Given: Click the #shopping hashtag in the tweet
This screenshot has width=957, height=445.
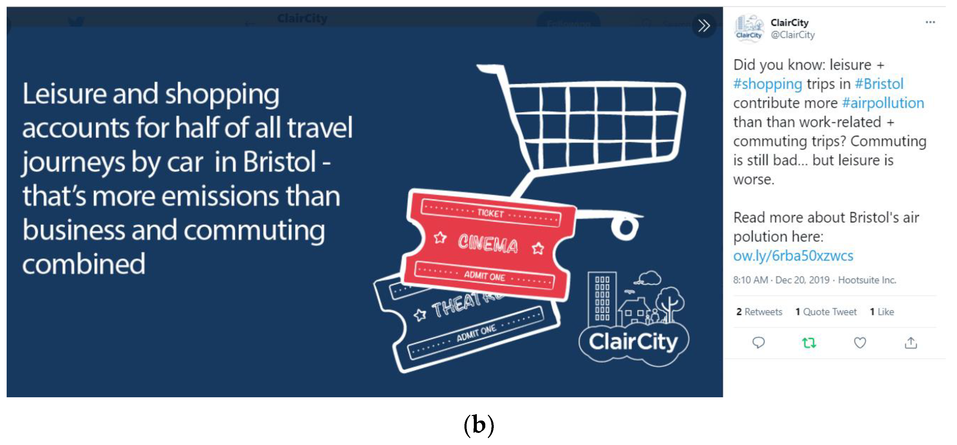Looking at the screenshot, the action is tap(768, 84).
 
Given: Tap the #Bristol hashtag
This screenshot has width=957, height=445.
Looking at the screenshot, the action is tap(879, 84).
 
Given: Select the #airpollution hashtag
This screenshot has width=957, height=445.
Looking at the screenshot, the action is tap(883, 103).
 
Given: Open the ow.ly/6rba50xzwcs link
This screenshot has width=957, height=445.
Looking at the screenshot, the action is tap(793, 256).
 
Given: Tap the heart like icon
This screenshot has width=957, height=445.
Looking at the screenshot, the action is tap(860, 343).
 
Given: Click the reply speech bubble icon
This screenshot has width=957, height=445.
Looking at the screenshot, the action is tap(758, 343).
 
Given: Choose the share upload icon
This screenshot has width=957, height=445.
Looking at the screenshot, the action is tap(910, 343).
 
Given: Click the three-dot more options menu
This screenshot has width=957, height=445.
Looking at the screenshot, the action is tap(930, 22).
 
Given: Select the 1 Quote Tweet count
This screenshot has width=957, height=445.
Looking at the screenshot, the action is tap(826, 312).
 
